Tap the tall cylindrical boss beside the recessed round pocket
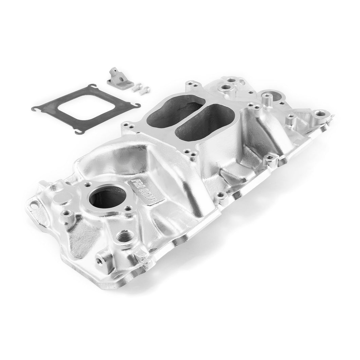pos(266,101)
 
